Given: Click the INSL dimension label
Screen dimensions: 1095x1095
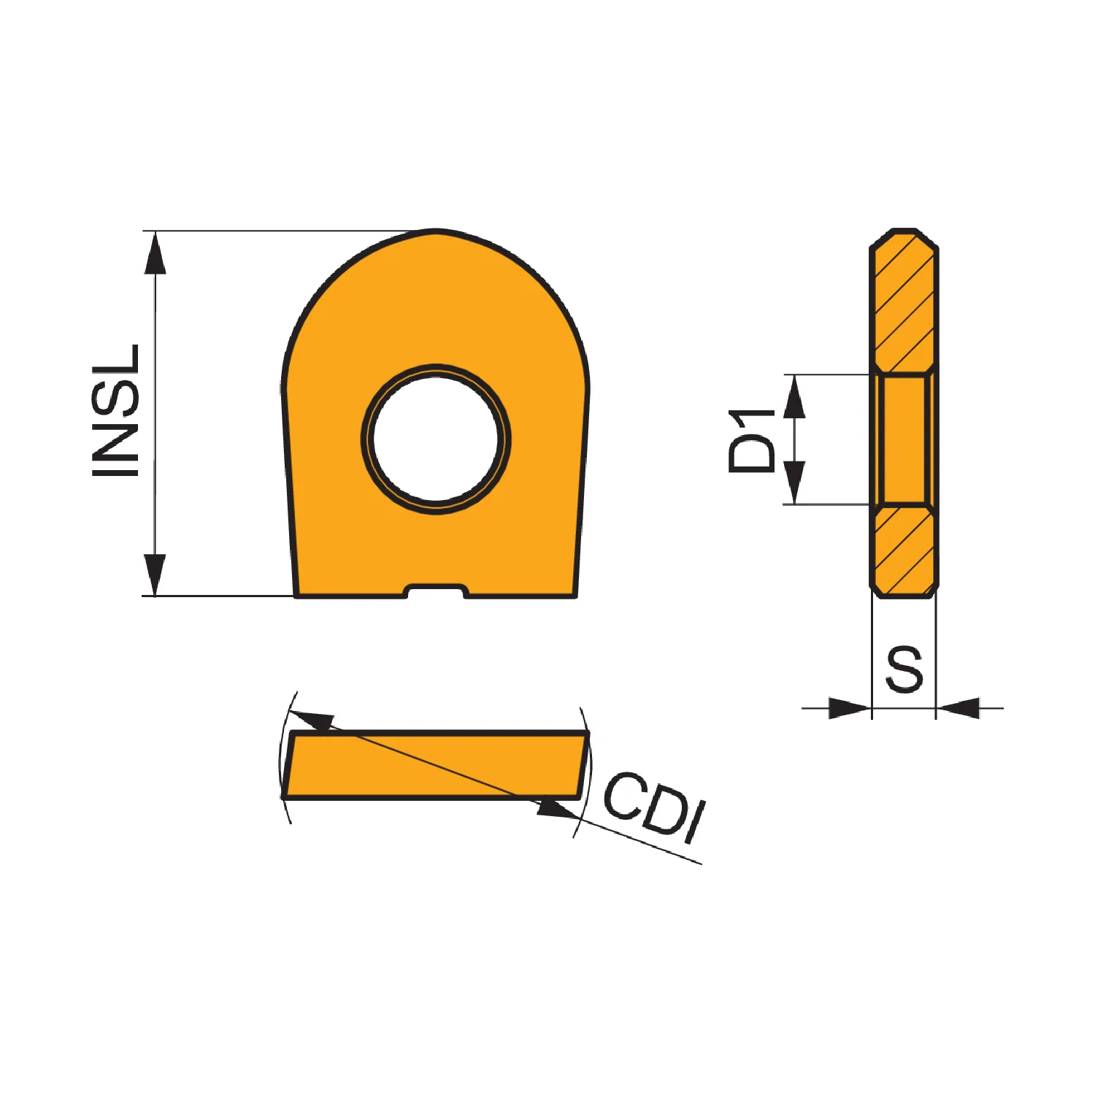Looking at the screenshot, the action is coord(115,410).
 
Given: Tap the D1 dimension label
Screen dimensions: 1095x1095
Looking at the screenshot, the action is coord(752,441).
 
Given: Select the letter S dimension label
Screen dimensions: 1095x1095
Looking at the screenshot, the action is coord(904,669).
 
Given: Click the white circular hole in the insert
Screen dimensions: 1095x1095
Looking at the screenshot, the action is coord(436,439).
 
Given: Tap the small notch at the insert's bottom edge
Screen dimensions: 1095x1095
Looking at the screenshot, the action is coord(436,591).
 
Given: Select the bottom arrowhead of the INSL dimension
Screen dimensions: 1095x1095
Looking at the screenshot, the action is coord(155,575).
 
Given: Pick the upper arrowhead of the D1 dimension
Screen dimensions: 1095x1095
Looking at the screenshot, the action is coord(794,396).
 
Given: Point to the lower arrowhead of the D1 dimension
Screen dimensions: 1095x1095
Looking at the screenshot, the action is coord(794,483).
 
